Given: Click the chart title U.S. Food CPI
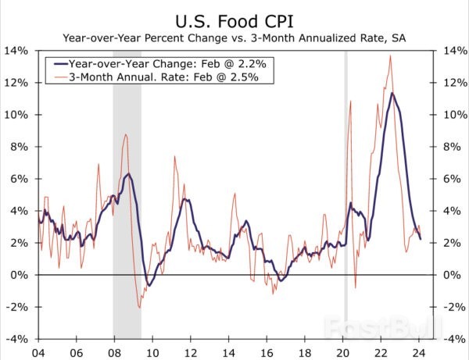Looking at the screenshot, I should click(234, 17).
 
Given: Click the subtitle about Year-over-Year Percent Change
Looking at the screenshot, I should click(234, 36).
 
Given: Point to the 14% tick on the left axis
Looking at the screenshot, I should click(17, 51).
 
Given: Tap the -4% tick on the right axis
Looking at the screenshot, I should click(452, 340).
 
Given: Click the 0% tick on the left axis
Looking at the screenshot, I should click(20, 275).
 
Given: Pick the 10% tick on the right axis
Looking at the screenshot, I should click(452, 115).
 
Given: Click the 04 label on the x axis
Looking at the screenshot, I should click(37, 351).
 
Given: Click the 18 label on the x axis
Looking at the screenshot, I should click(306, 351).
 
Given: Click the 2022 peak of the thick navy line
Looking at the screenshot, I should click(392, 94).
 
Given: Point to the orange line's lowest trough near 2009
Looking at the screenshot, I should click(139, 308).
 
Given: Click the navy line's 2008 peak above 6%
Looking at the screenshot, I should click(129, 173).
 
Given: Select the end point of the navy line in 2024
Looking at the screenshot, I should click(421, 239).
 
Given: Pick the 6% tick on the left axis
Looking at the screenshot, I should click(20, 179).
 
